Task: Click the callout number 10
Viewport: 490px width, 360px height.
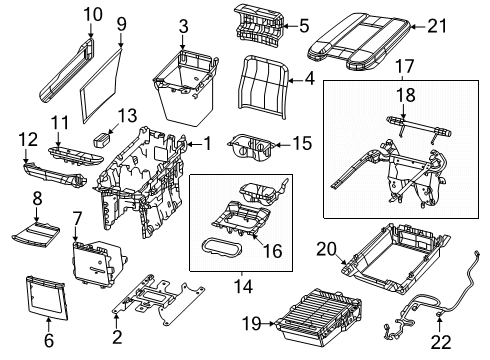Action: pos(92,15)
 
